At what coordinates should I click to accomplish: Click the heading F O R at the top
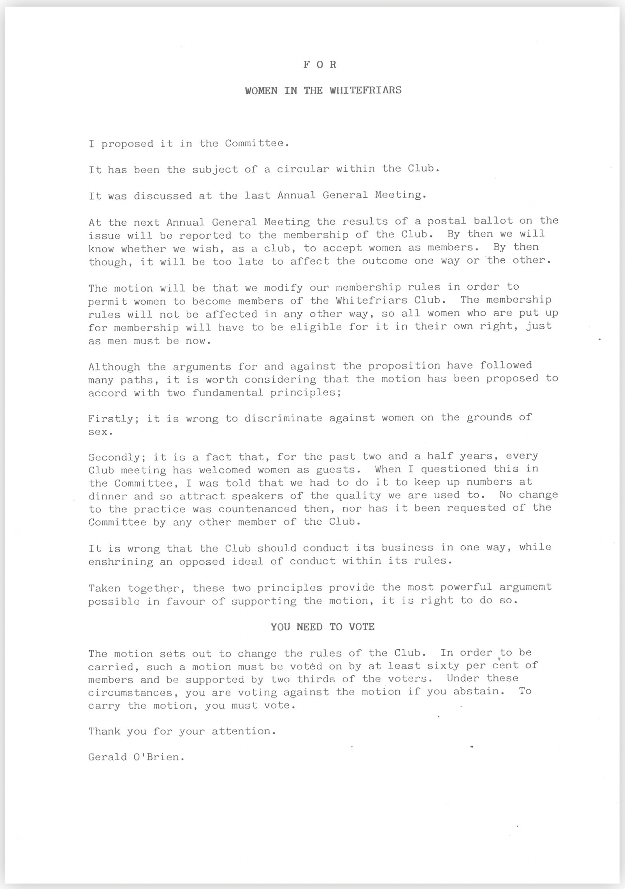pos(320,65)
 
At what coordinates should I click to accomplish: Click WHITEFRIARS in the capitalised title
pos(365,90)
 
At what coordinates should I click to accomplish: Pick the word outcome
pos(384,261)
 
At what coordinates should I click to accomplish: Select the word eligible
pos(316,327)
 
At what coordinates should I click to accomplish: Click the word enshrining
pos(121,562)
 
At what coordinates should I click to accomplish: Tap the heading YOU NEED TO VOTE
pos(323,627)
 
